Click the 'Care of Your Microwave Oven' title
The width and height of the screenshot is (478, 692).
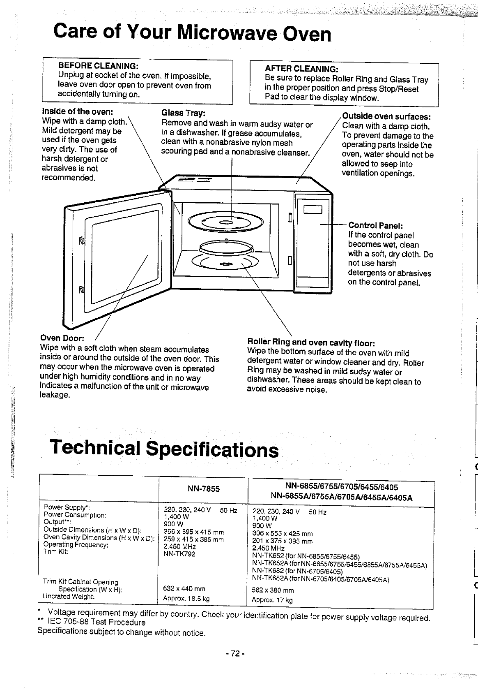point(192,33)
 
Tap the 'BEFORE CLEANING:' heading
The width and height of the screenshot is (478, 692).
point(98,66)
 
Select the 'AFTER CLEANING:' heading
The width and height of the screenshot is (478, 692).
point(301,68)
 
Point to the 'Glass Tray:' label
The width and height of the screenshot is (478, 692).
point(184,113)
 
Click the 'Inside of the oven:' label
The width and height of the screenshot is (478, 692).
point(78,111)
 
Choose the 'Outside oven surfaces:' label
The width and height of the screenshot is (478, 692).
point(386,116)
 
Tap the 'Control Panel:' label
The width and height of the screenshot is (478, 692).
point(375,225)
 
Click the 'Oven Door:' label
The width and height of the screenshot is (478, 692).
point(62,338)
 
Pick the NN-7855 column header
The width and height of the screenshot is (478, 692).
point(204,489)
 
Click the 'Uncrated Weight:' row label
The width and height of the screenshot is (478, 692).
point(69,596)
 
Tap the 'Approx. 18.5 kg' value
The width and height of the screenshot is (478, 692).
point(186,598)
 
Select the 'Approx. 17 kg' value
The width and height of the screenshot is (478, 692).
point(272,600)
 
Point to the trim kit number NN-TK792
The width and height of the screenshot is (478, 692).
point(179,554)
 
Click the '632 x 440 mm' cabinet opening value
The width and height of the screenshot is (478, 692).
point(184,589)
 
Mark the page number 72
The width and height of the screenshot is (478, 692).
point(235,654)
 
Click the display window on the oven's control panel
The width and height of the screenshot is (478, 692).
point(313,210)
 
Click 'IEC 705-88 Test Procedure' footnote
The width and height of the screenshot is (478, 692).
point(97,622)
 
